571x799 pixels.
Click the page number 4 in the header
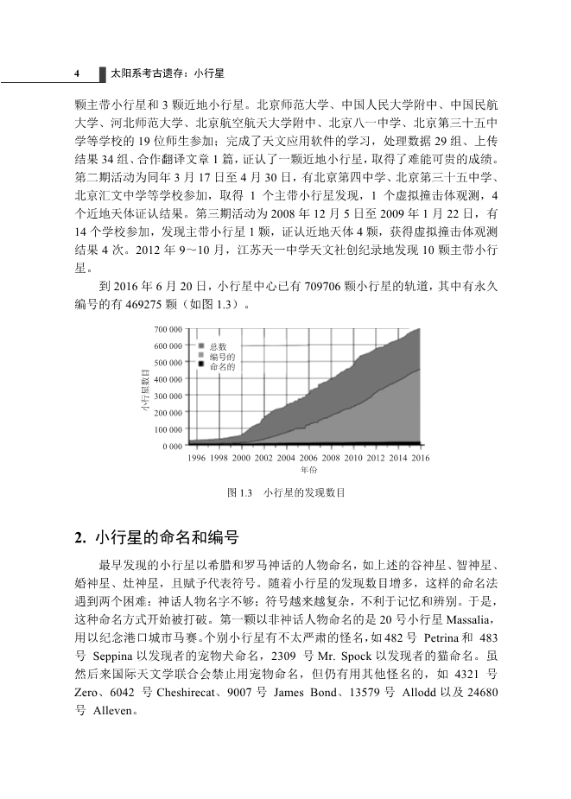[x=77, y=74]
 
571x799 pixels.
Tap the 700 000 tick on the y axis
[x=168, y=330]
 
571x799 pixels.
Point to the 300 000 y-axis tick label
[x=168, y=396]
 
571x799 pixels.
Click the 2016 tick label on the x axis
[x=420, y=458]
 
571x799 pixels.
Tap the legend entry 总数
[x=218, y=346]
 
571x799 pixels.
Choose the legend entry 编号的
[x=222, y=356]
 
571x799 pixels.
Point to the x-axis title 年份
[x=308, y=470]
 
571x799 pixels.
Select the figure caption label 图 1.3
[x=238, y=492]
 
